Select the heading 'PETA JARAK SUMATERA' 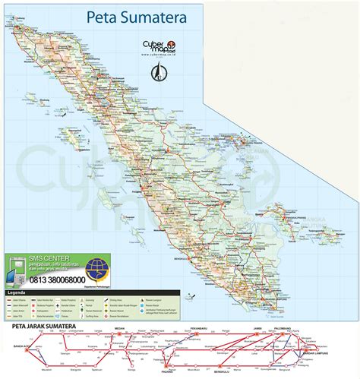click(x=46, y=329)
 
